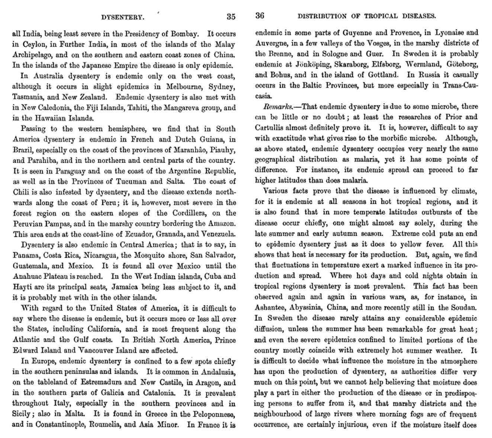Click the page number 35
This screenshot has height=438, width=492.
[x=231, y=17]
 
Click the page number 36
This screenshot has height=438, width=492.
[x=260, y=16]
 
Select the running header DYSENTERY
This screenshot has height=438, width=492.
[x=123, y=17]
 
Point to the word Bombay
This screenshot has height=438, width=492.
[x=182, y=34]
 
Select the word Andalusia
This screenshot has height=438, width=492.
[x=217, y=372]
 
